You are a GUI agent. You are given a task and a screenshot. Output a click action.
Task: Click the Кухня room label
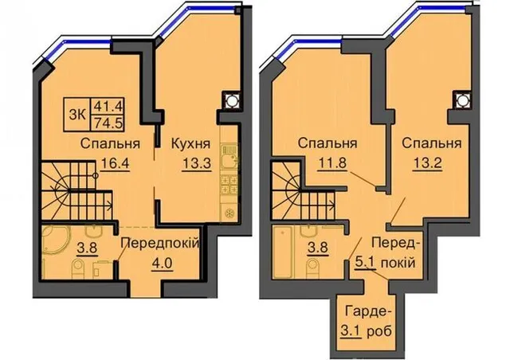(x=190, y=143)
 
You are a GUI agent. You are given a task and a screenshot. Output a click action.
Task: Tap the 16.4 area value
(x=115, y=163)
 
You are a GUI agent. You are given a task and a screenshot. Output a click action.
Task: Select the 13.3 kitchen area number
(x=197, y=163)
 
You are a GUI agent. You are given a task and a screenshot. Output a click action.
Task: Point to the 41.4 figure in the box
(x=108, y=106)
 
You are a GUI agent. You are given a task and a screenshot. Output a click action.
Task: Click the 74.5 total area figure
(x=108, y=123)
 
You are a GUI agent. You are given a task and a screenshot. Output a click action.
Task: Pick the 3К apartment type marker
(x=78, y=115)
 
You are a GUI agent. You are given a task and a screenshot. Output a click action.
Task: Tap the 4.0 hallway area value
(x=161, y=263)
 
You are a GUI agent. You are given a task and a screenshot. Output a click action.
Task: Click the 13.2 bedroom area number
(x=427, y=163)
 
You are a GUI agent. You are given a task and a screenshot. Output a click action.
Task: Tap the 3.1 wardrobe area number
(x=351, y=331)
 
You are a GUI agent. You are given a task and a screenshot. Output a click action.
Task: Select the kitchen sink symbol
(x=230, y=156)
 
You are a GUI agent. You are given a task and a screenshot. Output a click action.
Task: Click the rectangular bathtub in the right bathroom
(x=283, y=252)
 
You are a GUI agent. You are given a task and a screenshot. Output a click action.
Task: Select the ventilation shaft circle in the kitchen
(x=231, y=100)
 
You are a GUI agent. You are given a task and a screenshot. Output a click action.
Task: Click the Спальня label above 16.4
(x=110, y=143)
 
